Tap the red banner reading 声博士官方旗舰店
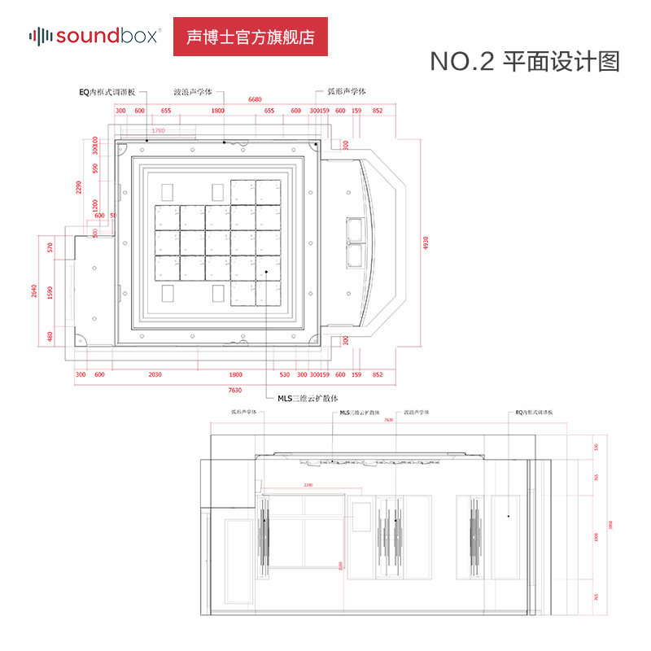[251, 37]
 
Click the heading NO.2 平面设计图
[525, 62]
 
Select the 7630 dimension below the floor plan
[235, 390]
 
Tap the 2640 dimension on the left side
[34, 291]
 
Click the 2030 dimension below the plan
[155, 374]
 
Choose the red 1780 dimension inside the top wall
[158, 130]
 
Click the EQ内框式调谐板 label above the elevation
[534, 413]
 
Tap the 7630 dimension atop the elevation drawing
[389, 420]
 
